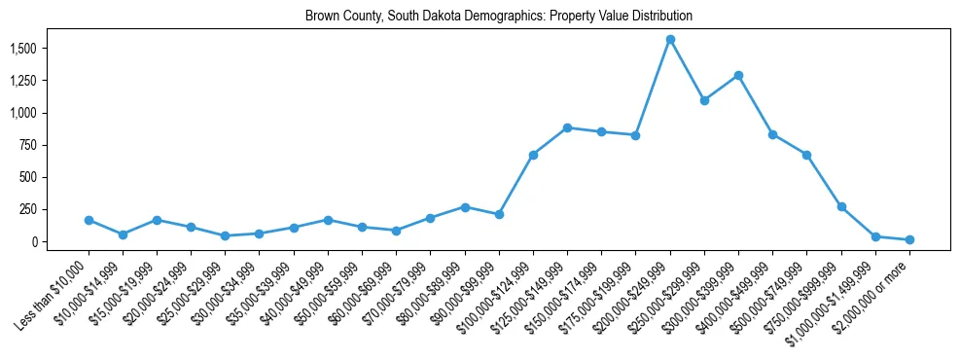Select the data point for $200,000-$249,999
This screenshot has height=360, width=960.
tap(670, 40)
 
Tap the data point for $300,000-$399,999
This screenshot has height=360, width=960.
tap(738, 75)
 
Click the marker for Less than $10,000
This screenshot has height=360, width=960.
tap(89, 220)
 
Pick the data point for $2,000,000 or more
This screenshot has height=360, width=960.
tap(909, 239)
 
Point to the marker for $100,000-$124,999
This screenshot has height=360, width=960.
tap(533, 155)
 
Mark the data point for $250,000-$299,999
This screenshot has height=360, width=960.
tap(704, 100)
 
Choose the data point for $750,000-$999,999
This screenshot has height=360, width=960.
tap(841, 207)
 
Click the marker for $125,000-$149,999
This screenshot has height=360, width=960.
tap(567, 127)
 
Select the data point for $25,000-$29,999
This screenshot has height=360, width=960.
tap(226, 235)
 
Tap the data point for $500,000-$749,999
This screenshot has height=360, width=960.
tap(807, 155)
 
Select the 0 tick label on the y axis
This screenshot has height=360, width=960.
tap(34, 241)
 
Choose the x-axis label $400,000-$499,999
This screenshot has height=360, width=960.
tap(736, 291)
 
